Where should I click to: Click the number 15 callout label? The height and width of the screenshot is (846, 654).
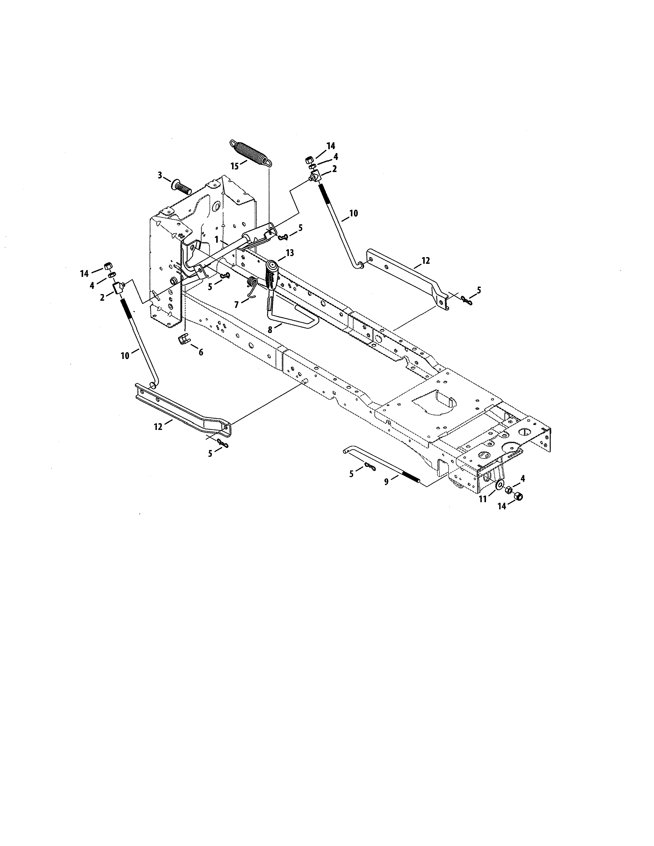(234, 166)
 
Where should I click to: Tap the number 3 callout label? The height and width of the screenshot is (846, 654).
(160, 175)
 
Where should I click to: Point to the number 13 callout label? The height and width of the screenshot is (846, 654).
(290, 253)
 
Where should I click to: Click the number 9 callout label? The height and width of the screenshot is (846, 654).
(386, 482)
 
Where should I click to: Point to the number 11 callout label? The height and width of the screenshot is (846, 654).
(483, 499)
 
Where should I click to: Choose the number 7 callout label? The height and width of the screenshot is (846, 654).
(236, 305)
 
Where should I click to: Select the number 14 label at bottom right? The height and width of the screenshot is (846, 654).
(502, 506)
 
